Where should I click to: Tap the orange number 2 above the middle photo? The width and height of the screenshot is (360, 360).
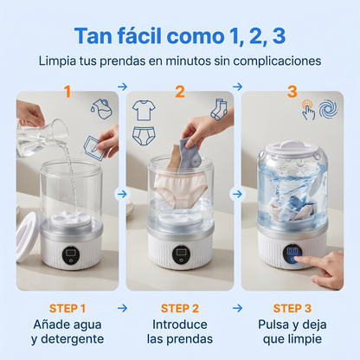coord(180,91)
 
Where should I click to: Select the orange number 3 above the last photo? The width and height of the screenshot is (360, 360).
coord(292,91)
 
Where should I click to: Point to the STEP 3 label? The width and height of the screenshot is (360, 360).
coord(293,307)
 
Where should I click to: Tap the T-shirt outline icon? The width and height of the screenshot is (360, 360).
coord(144,111)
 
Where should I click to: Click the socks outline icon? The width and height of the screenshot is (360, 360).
coord(217,109)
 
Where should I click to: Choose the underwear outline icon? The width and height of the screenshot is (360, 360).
coord(145,136)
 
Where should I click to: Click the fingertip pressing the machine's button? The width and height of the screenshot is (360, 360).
coord(312,257)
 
